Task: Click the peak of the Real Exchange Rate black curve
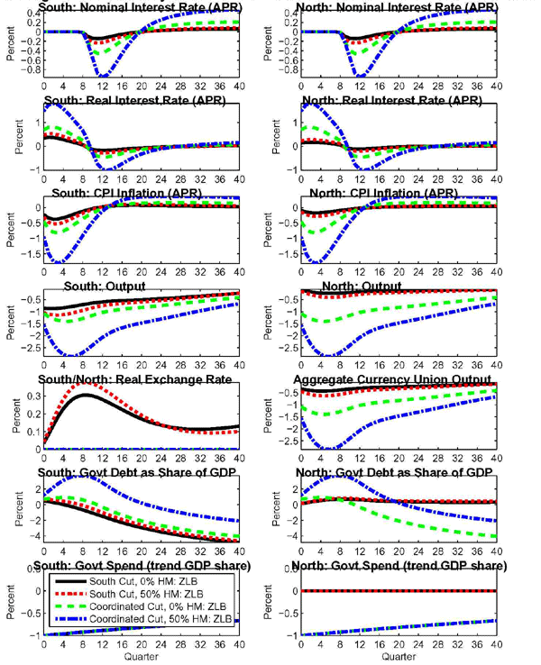tap(82, 395)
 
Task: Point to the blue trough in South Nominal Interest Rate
tap(105, 76)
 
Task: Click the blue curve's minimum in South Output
tap(70, 356)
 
